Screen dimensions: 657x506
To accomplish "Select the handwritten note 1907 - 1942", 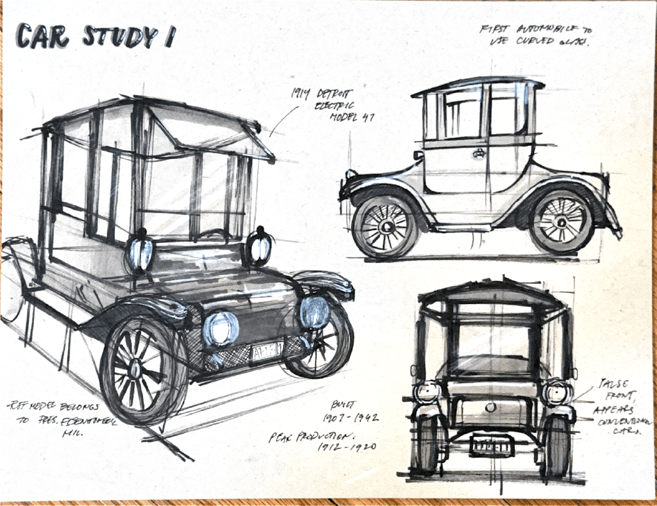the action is (x=354, y=417).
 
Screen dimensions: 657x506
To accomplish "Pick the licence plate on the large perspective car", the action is (x=266, y=351).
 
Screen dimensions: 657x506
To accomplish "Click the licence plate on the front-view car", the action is (x=491, y=444).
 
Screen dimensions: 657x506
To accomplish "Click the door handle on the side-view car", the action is (x=478, y=153).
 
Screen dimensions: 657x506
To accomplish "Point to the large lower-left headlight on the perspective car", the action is (x=220, y=328).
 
